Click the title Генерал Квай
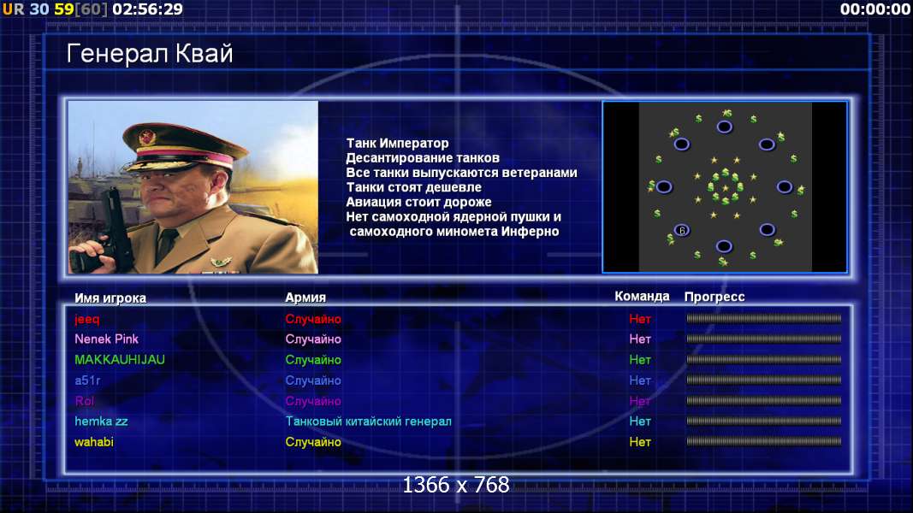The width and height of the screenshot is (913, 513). click(x=150, y=54)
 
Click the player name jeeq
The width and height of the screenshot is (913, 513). click(x=86, y=319)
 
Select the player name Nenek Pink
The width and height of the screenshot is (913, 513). click(x=107, y=339)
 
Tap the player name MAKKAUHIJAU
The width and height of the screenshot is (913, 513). click(x=119, y=360)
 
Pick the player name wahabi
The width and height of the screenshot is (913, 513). click(x=94, y=442)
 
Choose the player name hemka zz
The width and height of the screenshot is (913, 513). click(x=101, y=422)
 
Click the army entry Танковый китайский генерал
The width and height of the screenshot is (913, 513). click(x=369, y=422)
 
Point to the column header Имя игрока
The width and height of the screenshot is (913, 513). click(x=110, y=298)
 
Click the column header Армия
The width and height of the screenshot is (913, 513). click(x=305, y=298)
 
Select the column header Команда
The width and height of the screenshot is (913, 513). click(x=642, y=296)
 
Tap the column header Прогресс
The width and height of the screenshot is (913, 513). click(x=714, y=297)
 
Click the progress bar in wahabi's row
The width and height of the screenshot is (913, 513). click(x=764, y=441)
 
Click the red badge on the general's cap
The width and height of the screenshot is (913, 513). click(x=146, y=138)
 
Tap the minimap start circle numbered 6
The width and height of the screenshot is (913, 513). click(x=682, y=230)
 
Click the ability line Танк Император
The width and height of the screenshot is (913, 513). click(x=397, y=143)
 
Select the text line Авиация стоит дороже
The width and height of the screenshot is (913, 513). click(x=418, y=202)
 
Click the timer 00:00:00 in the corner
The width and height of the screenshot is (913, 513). click(x=875, y=9)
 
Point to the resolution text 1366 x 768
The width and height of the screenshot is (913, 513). click(x=456, y=485)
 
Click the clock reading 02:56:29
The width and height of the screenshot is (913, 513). click(x=147, y=9)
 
